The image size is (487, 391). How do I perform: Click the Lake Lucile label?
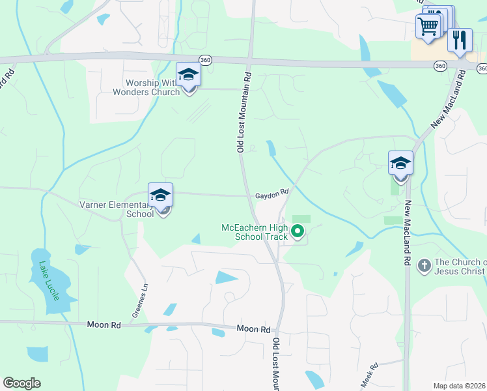(x=49, y=281)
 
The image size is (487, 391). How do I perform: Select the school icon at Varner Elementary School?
(x=161, y=195)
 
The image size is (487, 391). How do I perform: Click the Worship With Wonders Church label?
(x=154, y=87)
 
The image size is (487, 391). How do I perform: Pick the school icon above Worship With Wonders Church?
(x=188, y=74)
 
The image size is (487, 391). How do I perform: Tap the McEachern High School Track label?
(x=255, y=232)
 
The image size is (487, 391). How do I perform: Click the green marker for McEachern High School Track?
(x=298, y=231)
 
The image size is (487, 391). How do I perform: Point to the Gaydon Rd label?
(x=271, y=194)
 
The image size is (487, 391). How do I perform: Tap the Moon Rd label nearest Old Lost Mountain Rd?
(x=253, y=330)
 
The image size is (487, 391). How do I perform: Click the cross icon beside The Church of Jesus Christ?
(x=424, y=265)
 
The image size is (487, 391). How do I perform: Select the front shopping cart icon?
(x=428, y=27)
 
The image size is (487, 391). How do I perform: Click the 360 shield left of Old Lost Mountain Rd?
(x=206, y=59)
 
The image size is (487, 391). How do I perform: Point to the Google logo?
(x=21, y=383)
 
